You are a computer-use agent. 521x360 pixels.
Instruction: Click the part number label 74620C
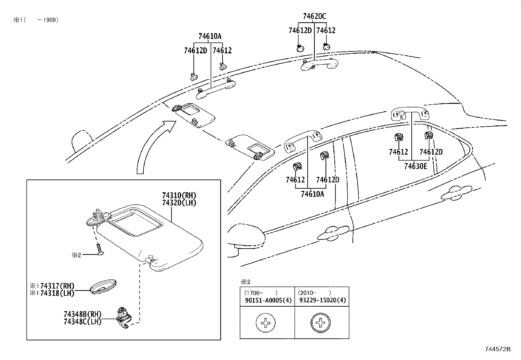(x=314, y=16)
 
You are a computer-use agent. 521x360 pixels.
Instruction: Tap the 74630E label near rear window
(x=415, y=166)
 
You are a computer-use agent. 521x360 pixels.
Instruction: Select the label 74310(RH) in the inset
(x=179, y=196)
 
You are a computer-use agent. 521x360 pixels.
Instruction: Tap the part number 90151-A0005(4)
(x=268, y=300)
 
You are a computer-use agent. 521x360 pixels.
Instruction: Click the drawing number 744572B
(x=497, y=349)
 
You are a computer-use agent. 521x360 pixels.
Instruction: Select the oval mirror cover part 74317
(x=103, y=287)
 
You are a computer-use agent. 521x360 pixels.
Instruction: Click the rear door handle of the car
(x=456, y=193)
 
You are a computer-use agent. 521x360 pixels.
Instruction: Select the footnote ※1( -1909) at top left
(x=36, y=20)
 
